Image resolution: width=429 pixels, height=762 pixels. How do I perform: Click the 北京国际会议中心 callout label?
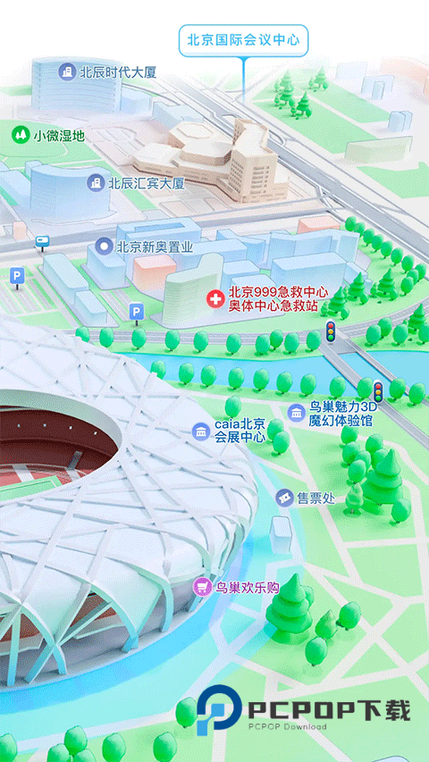click(x=242, y=40)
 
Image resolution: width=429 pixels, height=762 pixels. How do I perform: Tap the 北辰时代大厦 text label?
click(x=118, y=71)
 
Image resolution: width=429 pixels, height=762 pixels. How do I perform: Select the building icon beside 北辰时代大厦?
click(x=66, y=71)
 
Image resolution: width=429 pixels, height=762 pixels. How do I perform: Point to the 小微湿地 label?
click(x=59, y=136)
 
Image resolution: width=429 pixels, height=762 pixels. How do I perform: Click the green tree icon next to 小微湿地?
click(x=19, y=135)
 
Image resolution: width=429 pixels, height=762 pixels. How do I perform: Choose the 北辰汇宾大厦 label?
click(x=147, y=183)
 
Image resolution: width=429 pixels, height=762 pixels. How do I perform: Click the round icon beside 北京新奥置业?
click(x=105, y=246)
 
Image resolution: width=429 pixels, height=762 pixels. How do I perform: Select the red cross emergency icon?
click(x=214, y=298)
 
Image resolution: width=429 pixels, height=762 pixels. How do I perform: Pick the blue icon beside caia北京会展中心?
click(x=201, y=431)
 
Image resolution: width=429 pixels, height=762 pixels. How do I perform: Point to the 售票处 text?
click(x=315, y=498)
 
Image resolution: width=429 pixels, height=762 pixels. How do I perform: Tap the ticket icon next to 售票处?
click(x=284, y=498)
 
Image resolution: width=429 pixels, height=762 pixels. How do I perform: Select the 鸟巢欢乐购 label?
click(x=248, y=587)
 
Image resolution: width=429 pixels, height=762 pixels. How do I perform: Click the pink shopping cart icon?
click(x=204, y=587)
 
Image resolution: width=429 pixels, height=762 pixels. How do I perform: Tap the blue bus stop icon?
click(x=42, y=241)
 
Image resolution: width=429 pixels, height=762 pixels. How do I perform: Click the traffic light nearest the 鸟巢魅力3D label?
click(x=378, y=390)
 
